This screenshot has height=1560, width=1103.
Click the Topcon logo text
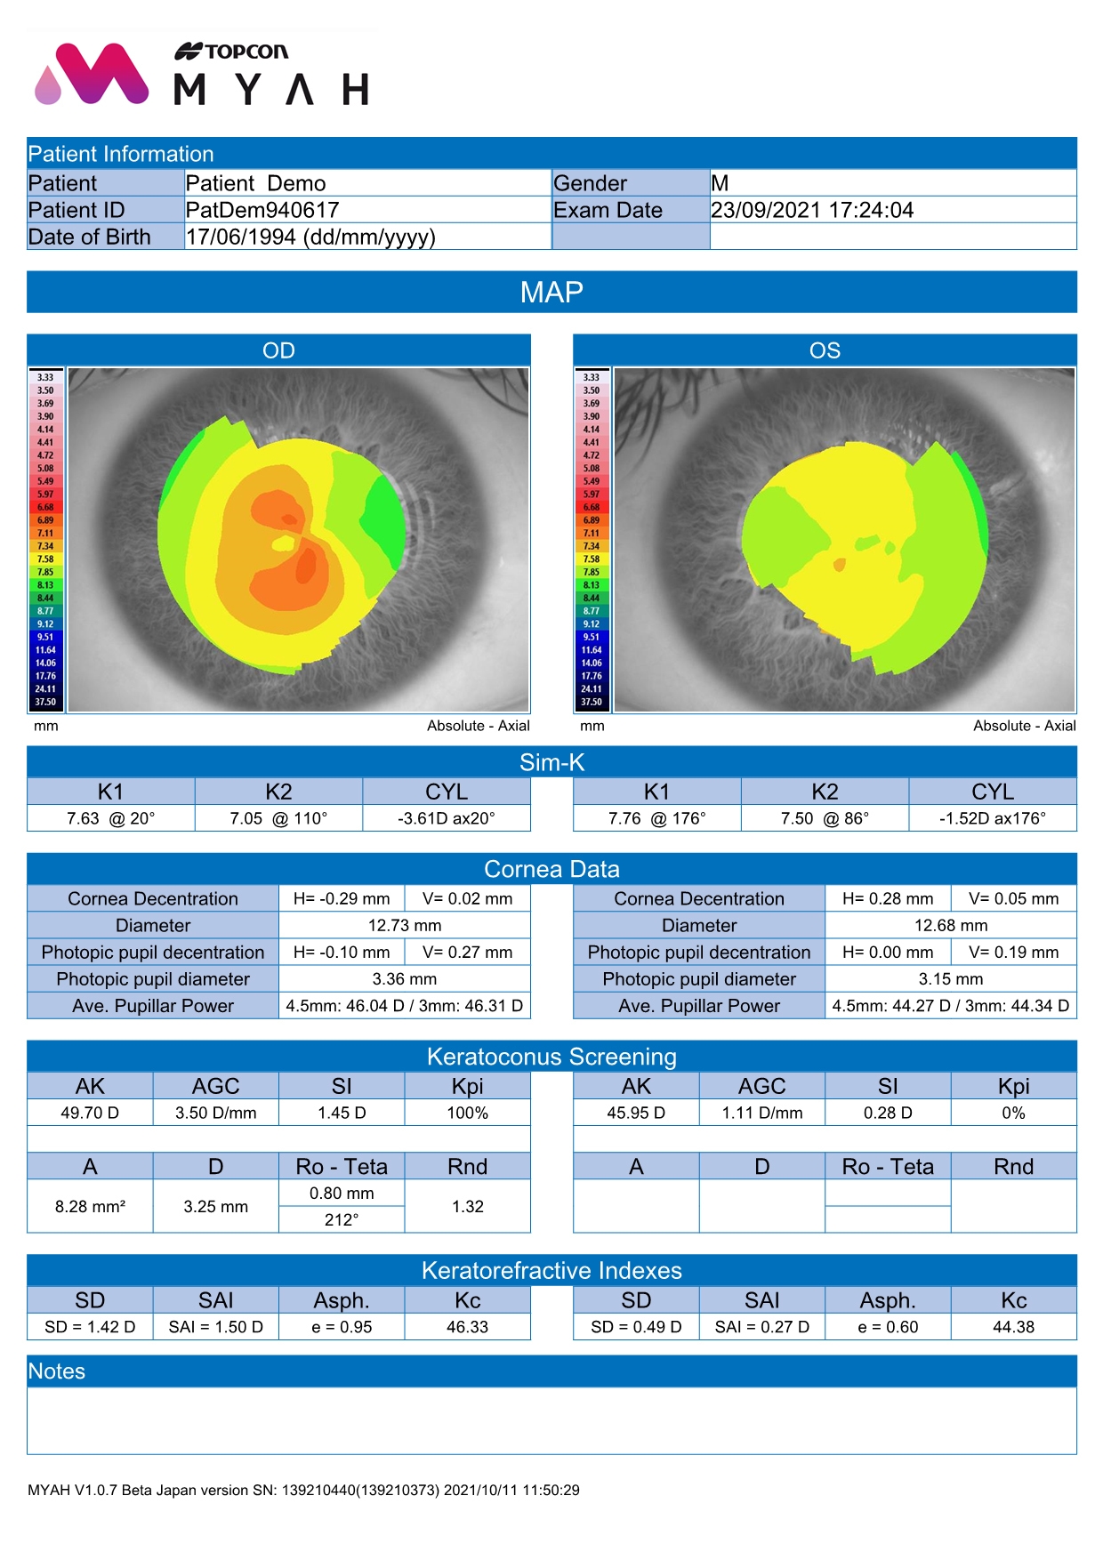(232, 52)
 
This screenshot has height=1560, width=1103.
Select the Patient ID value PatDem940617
(262, 210)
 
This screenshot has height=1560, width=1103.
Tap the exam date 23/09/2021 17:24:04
(812, 210)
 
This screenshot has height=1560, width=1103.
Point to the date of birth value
(310, 237)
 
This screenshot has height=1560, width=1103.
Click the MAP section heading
(551, 293)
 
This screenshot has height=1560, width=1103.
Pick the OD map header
(278, 350)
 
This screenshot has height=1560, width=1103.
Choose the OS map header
(825, 350)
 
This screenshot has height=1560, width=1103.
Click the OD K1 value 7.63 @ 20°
(110, 818)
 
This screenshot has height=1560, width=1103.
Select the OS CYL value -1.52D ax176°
(993, 818)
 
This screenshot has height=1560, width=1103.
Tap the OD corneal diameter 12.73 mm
(405, 925)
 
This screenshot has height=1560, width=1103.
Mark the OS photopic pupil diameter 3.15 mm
(951, 978)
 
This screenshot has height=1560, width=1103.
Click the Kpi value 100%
(467, 1113)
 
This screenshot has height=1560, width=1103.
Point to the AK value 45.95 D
(636, 1113)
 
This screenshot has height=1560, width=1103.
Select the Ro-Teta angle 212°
(342, 1219)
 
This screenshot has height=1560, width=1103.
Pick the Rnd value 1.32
(467, 1206)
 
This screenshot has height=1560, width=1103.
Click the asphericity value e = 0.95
(342, 1327)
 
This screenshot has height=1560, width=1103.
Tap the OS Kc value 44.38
(1013, 1327)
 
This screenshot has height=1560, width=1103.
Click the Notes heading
(57, 1371)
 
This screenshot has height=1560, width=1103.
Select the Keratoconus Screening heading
(551, 1057)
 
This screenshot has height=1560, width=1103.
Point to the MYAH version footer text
(303, 1490)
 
